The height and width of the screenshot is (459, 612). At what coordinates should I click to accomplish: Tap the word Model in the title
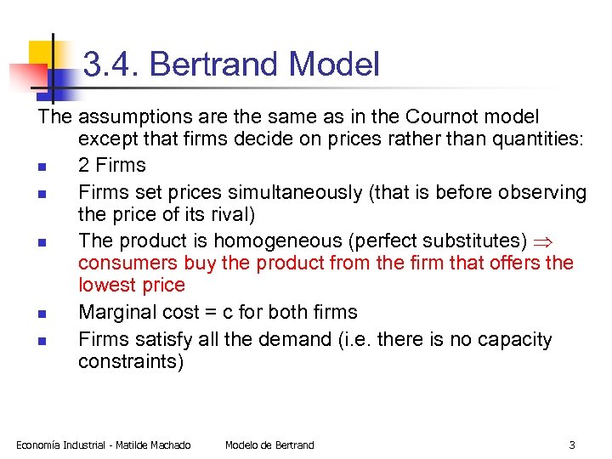334,65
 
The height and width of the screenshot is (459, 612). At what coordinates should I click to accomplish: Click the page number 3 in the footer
572,445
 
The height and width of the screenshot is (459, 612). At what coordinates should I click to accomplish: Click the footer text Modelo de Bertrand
269,445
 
